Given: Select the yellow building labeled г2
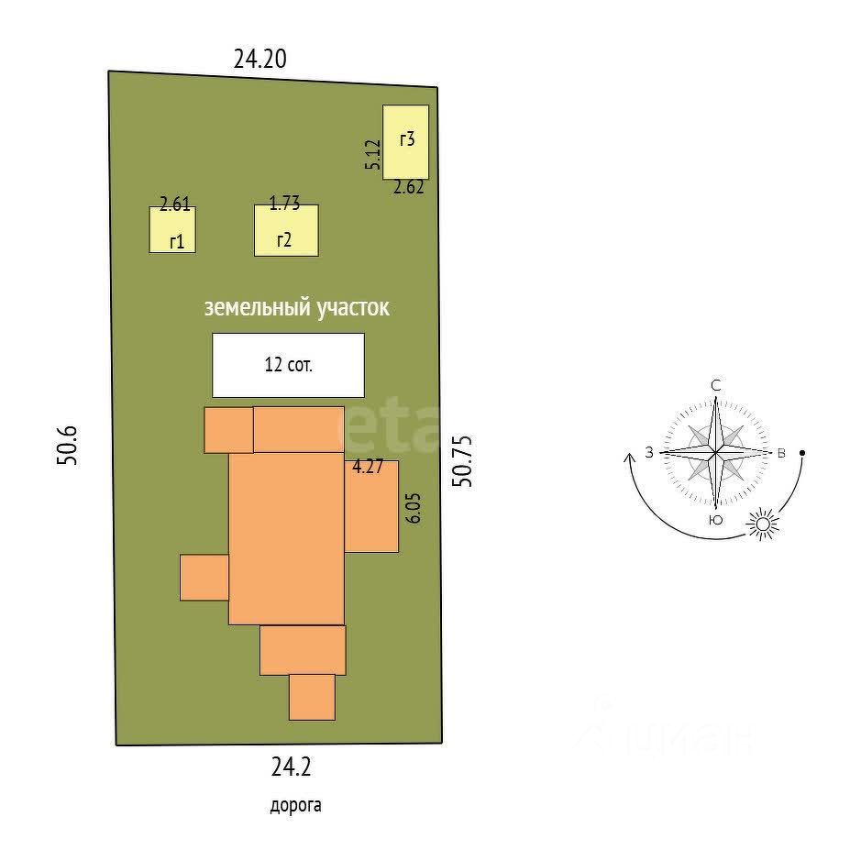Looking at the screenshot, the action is (x=286, y=230).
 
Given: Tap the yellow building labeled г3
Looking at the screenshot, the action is (x=406, y=141).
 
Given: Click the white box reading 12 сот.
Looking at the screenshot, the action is (x=288, y=364).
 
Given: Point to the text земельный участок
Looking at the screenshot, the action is (x=296, y=308).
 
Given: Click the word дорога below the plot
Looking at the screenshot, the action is (x=295, y=806).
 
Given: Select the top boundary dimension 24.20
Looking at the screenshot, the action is (x=260, y=60).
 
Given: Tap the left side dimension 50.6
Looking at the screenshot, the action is (x=69, y=446).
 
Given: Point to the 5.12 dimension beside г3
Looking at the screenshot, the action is (x=371, y=154).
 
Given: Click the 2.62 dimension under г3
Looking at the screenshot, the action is (x=408, y=188).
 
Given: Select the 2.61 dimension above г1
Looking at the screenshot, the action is (x=174, y=205).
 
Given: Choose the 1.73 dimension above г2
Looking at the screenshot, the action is (x=284, y=204).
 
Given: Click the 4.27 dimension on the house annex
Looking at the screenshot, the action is (x=368, y=466).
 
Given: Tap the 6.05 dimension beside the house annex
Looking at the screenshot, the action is (x=413, y=507).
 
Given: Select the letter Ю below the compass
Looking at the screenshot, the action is (x=715, y=521).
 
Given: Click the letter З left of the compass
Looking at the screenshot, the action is (x=649, y=452).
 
